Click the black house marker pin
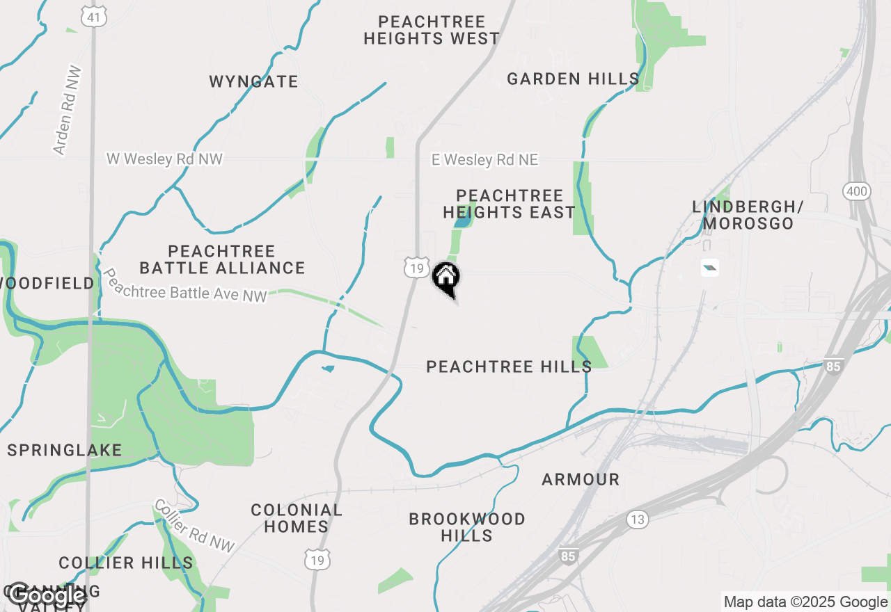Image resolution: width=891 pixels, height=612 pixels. click(446, 278)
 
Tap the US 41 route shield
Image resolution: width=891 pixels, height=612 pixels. click(93, 17)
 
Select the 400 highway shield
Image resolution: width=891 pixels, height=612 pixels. click(856, 191)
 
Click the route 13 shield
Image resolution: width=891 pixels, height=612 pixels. click(637, 519)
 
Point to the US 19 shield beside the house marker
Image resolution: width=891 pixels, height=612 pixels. click(416, 268)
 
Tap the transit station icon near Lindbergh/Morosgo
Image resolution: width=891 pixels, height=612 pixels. click(709, 268)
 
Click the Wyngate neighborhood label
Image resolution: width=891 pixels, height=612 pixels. click(253, 81)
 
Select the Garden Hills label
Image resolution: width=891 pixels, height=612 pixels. click(573, 79)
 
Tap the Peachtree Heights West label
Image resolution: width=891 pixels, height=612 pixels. click(432, 30)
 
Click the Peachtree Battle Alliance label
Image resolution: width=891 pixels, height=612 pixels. click(222, 259)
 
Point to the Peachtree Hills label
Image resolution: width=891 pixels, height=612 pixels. click(509, 367)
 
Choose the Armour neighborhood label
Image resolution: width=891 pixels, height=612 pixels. click(581, 479)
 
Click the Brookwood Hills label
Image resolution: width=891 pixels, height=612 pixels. click(467, 527)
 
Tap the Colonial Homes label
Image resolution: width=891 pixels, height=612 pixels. click(297, 518)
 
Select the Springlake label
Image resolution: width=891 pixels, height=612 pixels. click(65, 450)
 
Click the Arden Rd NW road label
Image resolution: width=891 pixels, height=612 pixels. click(68, 111)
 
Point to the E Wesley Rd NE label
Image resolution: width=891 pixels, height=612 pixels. click(484, 160)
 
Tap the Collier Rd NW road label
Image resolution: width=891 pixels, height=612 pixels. click(194, 526)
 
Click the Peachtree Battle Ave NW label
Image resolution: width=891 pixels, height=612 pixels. click(185, 286)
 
